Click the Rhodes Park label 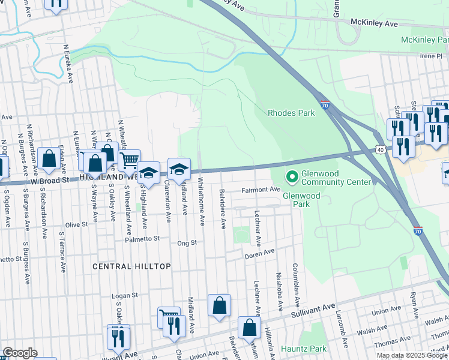click(x=291, y=112)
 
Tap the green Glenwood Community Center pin click(x=292, y=176)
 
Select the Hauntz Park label click(x=304, y=349)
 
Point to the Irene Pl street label click(x=431, y=55)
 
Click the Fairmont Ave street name click(x=261, y=190)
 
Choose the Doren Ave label click(x=259, y=254)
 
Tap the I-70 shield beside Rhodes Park click(x=324, y=105)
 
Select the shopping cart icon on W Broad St click(x=129, y=161)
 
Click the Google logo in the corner click(x=19, y=353)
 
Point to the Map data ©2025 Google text click(x=412, y=355)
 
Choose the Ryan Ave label click(x=414, y=305)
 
